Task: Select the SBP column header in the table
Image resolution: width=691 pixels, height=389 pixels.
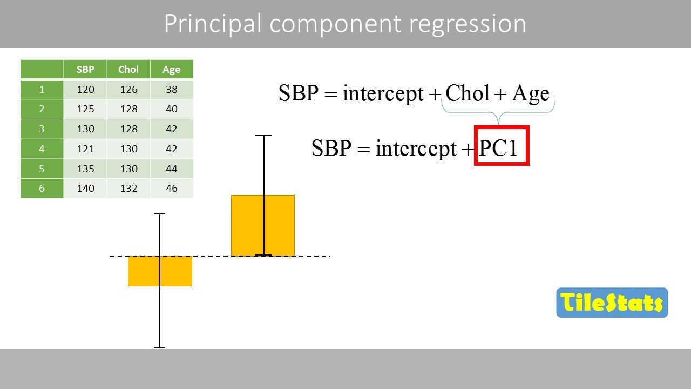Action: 85,69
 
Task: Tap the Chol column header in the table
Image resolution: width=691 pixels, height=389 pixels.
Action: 128,69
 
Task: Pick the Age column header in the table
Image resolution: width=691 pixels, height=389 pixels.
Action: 172,69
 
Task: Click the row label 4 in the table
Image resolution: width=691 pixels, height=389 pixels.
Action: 42,149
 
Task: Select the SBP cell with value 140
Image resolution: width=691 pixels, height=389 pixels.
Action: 85,189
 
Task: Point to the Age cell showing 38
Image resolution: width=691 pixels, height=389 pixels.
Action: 172,89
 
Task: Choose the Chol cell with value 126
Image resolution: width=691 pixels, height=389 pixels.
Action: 128,89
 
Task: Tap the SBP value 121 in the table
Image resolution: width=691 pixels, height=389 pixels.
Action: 85,149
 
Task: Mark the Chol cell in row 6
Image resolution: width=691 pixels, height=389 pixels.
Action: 128,189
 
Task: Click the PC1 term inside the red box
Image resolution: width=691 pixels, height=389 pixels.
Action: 499,147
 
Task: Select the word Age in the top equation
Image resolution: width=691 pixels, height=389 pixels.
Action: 530,93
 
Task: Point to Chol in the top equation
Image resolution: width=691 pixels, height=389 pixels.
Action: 467,93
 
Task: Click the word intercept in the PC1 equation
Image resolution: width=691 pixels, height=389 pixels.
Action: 416,147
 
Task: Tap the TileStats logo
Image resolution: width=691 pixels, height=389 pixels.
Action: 612,303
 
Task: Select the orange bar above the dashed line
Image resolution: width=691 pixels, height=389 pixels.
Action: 263,225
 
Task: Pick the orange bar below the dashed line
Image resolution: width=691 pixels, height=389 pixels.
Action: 160,271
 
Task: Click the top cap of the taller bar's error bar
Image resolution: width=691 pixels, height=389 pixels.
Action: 263,136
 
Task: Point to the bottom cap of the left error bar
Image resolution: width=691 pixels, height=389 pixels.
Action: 159,347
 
